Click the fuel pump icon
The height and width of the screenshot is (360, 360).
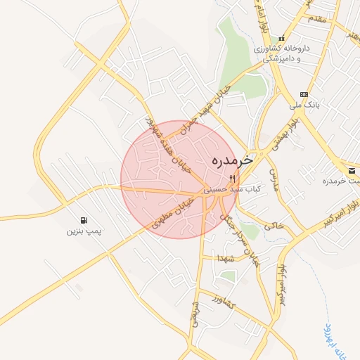pos(84,220)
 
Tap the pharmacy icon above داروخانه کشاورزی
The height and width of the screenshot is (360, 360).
pos(282,38)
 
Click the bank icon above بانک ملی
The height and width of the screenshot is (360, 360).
pos(304,94)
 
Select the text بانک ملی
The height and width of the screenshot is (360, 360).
pos(304,105)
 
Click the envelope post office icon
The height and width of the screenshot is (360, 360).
pos(352,171)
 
